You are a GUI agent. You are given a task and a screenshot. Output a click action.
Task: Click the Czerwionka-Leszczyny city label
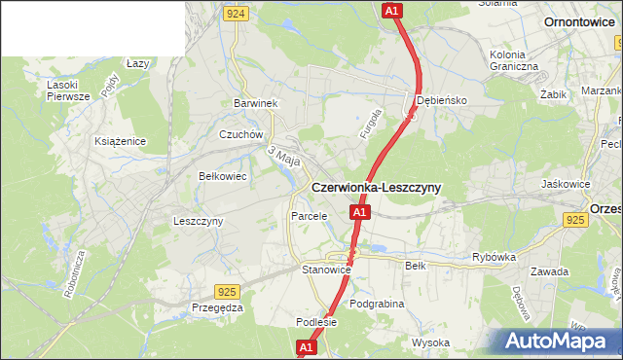point(376,187)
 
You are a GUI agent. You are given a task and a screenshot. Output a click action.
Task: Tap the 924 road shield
point(235,14)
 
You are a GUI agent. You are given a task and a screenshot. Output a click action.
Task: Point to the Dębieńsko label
point(443,100)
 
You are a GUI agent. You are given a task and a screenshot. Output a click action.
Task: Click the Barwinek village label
point(256,102)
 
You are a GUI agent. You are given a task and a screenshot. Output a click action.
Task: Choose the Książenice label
point(120,141)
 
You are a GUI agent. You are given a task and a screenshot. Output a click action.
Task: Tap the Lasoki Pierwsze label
point(68,90)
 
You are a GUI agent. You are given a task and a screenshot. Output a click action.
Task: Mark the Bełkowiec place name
point(222,176)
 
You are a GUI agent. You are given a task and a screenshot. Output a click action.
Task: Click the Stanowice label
point(325,270)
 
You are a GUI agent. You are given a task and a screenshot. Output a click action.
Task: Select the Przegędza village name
point(217,306)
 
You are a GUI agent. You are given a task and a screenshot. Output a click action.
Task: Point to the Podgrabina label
point(376,304)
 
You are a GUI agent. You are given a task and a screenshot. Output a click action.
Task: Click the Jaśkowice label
point(566,183)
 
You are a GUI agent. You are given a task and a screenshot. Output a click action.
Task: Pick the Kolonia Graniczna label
point(514,60)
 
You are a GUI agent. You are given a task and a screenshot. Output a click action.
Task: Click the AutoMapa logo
point(558,341)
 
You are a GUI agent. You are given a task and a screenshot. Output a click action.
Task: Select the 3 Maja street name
point(283,156)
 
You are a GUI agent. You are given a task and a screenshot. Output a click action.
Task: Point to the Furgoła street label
point(368,124)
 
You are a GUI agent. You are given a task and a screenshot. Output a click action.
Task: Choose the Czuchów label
point(241,134)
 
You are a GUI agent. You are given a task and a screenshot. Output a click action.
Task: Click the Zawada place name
point(550,271)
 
